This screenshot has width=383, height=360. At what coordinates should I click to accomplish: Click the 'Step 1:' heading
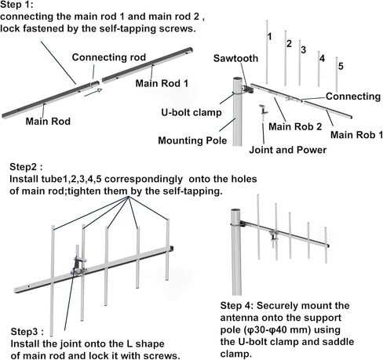(x=17, y=5)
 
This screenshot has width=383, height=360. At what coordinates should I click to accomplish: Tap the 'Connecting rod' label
(x=109, y=57)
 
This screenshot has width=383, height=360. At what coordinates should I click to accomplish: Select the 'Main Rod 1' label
(x=162, y=83)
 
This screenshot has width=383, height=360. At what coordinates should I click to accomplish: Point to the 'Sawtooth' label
(x=235, y=58)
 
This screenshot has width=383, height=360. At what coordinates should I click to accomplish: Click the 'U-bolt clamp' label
(x=191, y=112)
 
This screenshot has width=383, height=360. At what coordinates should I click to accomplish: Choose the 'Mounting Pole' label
(x=192, y=140)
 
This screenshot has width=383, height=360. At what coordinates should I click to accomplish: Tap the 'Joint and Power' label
(x=288, y=150)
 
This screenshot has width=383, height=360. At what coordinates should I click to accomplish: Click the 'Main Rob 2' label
(x=295, y=126)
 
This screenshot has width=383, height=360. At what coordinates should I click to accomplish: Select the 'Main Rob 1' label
(x=356, y=135)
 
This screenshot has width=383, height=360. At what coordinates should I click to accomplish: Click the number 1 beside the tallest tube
(x=270, y=37)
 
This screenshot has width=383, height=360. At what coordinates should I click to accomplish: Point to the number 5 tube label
(x=341, y=66)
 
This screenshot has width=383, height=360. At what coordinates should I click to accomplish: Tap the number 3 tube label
(x=303, y=49)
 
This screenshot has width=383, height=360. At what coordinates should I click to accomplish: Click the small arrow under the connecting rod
(x=93, y=93)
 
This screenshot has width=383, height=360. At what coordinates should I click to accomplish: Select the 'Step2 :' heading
(x=26, y=167)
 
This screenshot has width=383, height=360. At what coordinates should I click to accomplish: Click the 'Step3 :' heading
(x=27, y=332)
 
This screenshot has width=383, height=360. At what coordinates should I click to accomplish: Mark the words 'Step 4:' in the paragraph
(x=237, y=306)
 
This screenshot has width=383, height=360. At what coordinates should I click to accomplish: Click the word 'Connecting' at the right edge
(x=353, y=96)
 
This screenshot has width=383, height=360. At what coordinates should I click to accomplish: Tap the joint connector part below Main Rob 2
(x=264, y=110)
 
